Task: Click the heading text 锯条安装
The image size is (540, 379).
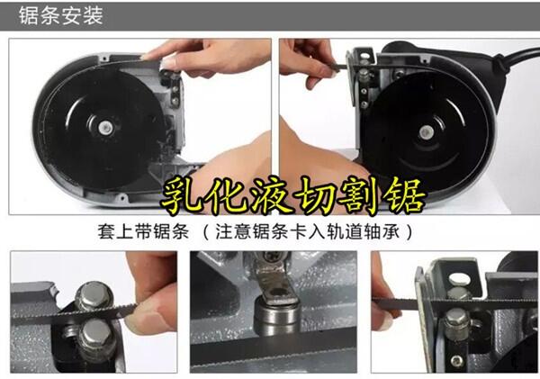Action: click(x=61, y=15)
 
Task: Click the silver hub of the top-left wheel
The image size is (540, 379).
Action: click(x=105, y=128)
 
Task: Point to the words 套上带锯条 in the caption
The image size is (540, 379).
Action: click(x=143, y=231)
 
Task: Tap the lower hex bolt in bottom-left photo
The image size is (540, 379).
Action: click(x=97, y=336)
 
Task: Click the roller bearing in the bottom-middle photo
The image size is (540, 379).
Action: click(x=276, y=318)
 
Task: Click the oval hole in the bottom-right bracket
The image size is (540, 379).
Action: click(x=459, y=279)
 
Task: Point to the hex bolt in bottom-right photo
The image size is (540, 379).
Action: click(x=457, y=323)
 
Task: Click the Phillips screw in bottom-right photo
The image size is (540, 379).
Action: click(x=457, y=361)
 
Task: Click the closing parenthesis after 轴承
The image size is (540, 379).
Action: click(x=409, y=231)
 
